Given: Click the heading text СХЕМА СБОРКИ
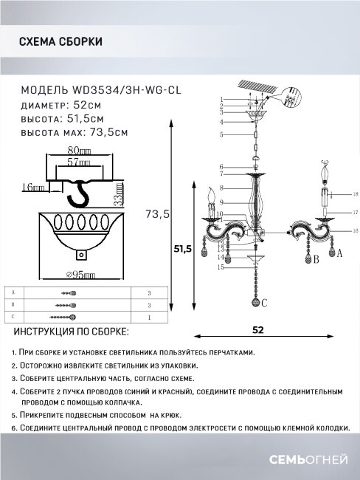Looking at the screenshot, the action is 61,43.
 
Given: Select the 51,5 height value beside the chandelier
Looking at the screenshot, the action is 183,249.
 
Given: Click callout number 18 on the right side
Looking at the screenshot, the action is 355,193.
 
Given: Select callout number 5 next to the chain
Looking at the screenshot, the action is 221,135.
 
